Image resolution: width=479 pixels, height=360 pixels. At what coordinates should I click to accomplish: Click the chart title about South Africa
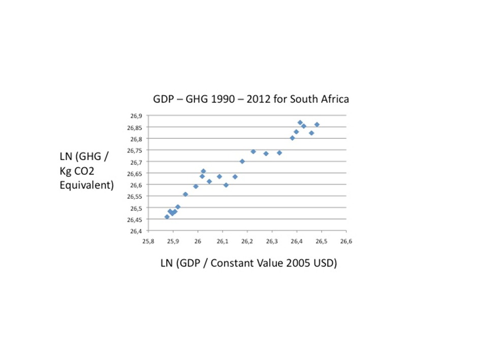[x=251, y=99]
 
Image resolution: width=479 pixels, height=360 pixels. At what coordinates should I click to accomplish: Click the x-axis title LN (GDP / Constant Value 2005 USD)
[x=248, y=264]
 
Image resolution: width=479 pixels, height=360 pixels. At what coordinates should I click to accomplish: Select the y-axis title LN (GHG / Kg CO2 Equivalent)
[x=85, y=171]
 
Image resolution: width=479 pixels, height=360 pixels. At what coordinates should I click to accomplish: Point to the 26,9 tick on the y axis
[x=136, y=116]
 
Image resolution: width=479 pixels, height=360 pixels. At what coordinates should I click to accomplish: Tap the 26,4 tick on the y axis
[x=136, y=231]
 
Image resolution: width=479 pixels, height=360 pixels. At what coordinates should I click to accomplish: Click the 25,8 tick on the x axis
[x=148, y=241]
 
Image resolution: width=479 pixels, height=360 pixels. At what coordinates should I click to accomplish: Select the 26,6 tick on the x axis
[x=346, y=241]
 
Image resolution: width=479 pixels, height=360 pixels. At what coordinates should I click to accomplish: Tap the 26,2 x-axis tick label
[x=247, y=241]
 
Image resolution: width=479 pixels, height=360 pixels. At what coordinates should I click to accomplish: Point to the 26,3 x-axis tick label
[x=272, y=241]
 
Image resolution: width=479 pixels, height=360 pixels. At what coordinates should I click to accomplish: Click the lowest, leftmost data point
[x=167, y=217]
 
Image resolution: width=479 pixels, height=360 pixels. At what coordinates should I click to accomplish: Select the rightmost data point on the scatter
[x=317, y=125]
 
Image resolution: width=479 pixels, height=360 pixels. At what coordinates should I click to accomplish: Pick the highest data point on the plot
[x=300, y=123]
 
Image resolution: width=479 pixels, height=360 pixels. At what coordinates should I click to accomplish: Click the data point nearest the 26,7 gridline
[x=242, y=161]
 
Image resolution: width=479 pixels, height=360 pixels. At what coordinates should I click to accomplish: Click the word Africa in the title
[x=333, y=99]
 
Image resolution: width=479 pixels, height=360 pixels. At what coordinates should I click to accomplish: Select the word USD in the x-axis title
[x=325, y=264]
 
